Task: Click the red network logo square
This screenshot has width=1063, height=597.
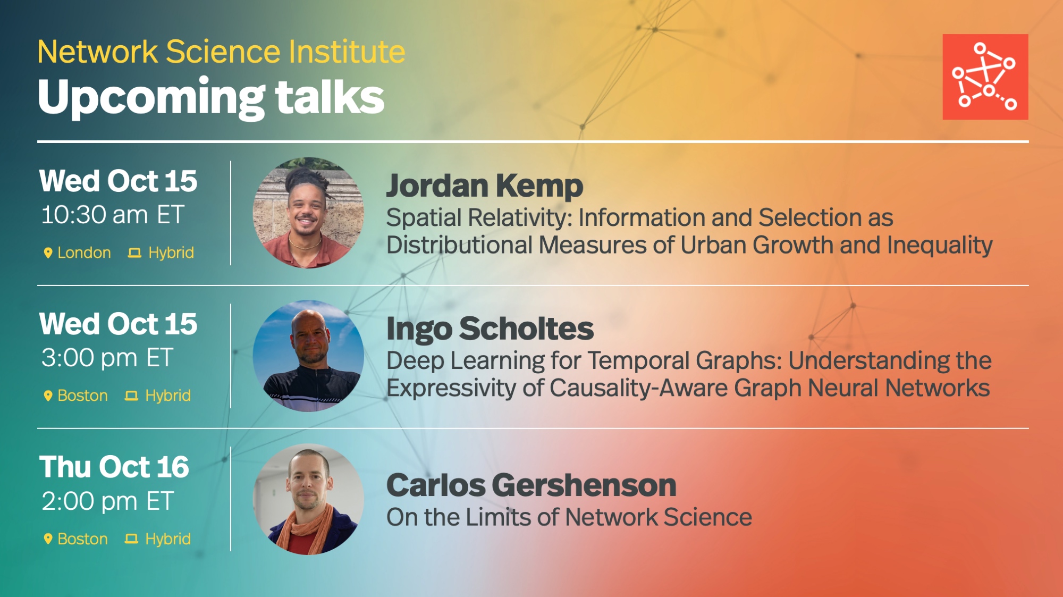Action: click(x=985, y=77)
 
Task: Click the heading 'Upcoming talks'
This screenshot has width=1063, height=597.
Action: click(x=211, y=98)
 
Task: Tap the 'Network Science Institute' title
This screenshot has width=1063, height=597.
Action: click(x=221, y=52)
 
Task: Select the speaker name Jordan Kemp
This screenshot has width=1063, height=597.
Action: click(x=485, y=186)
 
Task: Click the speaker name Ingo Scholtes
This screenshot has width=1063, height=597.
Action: click(x=490, y=329)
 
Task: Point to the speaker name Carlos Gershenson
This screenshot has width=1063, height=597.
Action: click(x=531, y=485)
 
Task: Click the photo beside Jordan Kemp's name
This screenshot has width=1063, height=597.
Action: click(x=308, y=213)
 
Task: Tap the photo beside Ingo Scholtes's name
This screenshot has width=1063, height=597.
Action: click(x=308, y=356)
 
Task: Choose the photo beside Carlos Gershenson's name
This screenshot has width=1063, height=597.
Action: click(x=308, y=499)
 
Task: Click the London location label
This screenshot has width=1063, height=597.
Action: click(x=84, y=253)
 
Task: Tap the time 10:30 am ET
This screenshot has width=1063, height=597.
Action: click(x=113, y=215)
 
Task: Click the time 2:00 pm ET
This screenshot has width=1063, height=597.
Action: click(x=107, y=501)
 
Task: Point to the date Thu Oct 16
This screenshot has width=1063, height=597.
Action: click(x=114, y=467)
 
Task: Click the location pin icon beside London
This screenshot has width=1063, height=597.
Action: click(x=48, y=253)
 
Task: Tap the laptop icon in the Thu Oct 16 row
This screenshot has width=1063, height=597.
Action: click(x=131, y=539)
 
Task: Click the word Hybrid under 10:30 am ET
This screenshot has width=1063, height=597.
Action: click(x=171, y=253)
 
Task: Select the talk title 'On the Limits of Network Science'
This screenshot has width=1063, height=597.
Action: click(x=569, y=517)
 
